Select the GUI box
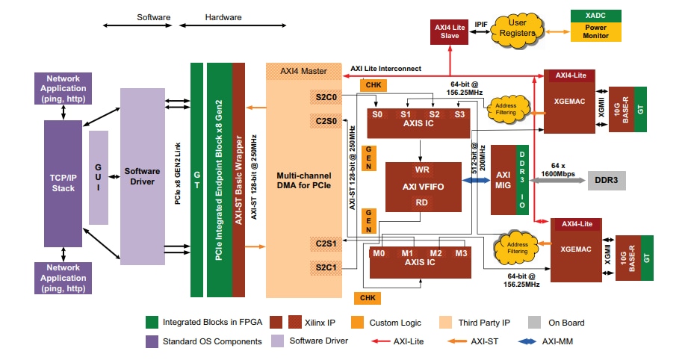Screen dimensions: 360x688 [x=98, y=178]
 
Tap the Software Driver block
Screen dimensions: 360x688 [x=142, y=176]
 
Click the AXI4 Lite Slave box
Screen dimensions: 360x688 [x=449, y=31]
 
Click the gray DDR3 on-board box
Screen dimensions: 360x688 [x=606, y=180]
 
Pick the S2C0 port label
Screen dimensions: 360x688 [x=326, y=97]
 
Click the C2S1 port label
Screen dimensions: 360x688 [x=326, y=243]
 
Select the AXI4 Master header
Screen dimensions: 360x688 [x=303, y=72]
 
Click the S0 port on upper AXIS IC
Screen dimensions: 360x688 [x=378, y=114]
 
